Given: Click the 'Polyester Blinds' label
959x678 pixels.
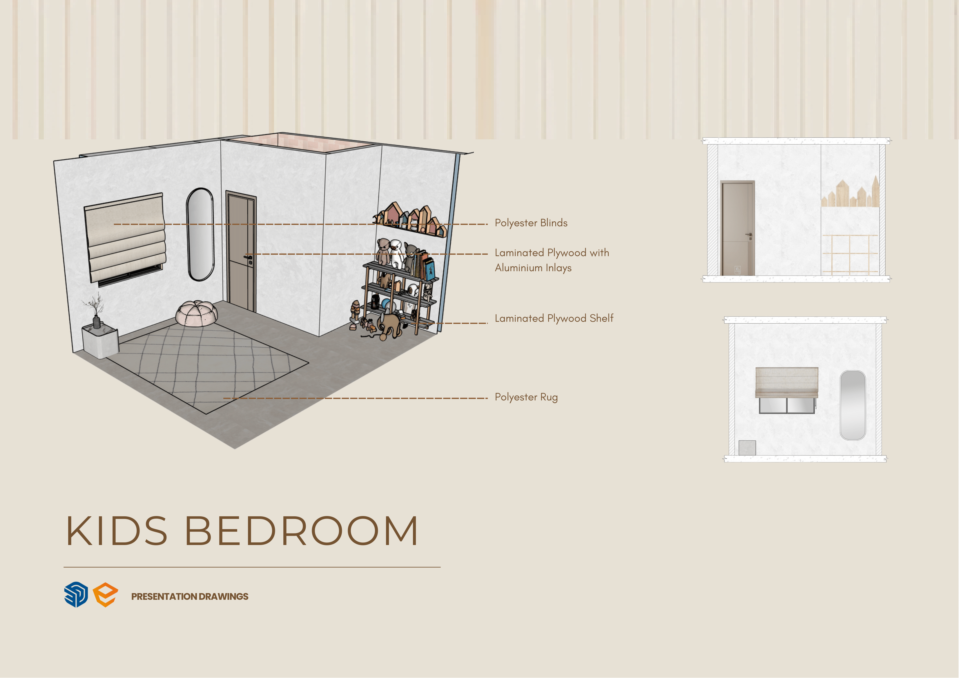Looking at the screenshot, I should [x=531, y=223].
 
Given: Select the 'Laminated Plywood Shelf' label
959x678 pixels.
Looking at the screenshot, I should [x=554, y=318].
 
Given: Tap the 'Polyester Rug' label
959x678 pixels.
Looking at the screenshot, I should [x=526, y=397].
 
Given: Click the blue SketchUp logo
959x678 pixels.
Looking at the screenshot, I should [x=76, y=595].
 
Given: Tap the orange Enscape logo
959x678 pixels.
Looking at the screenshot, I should [x=105, y=595].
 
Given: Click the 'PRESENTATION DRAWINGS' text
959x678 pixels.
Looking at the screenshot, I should [x=190, y=597].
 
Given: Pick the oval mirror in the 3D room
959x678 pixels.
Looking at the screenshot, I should [x=200, y=234].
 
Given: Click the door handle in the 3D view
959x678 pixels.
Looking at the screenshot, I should [x=249, y=258].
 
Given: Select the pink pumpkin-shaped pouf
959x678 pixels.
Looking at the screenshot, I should [x=196, y=313].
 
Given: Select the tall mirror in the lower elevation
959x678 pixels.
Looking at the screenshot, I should [x=853, y=405].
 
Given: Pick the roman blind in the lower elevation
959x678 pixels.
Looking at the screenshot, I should [x=786, y=382].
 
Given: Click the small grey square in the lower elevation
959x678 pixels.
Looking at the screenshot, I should [x=747, y=448].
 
